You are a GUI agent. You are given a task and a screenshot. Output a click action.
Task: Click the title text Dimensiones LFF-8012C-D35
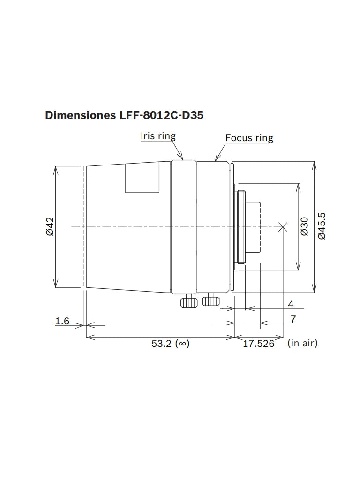click(x=124, y=115)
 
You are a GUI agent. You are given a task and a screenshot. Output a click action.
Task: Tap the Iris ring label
click(x=158, y=136)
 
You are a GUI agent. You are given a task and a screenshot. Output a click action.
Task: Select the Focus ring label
click(x=249, y=138)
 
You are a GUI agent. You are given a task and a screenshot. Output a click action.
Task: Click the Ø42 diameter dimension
click(x=50, y=226)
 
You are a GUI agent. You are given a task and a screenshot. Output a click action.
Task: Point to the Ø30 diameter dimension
click(x=305, y=226)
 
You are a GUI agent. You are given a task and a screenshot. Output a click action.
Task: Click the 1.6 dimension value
click(x=62, y=321)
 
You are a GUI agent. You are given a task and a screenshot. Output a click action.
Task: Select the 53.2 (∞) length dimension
click(x=170, y=344)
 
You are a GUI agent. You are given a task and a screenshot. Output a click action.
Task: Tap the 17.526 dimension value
click(x=258, y=344)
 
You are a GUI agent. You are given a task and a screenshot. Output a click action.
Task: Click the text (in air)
click(x=303, y=343)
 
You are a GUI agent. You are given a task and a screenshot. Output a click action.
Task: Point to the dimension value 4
click(x=291, y=304)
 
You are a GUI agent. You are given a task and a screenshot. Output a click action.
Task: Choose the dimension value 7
click(x=293, y=319)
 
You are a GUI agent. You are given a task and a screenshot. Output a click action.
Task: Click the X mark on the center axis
click(x=282, y=227)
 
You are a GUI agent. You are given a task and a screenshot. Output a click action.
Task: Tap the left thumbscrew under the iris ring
click(x=189, y=301)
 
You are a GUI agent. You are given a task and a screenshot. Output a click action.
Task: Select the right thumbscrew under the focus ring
click(x=211, y=300)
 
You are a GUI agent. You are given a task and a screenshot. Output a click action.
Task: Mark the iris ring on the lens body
click(x=183, y=227)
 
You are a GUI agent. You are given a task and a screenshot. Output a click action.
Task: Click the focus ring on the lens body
click(x=213, y=227)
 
